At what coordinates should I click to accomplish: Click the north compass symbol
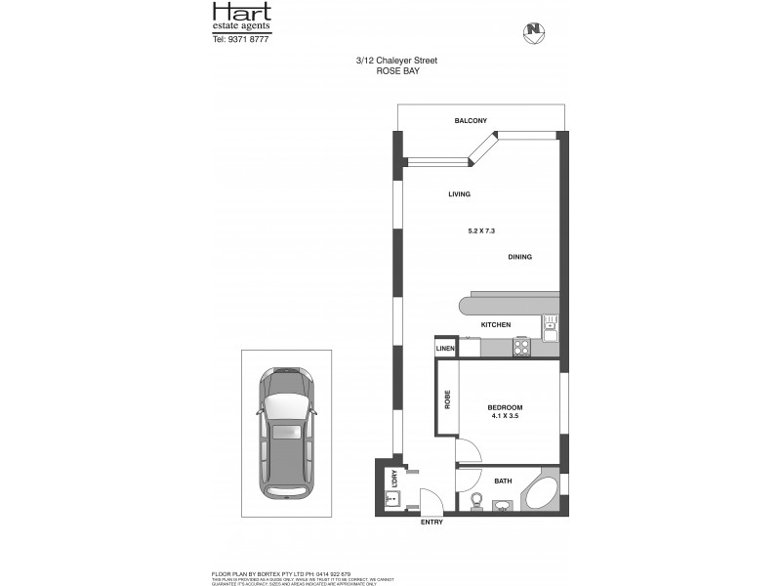(x=533, y=30)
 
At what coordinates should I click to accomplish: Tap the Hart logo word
(x=242, y=13)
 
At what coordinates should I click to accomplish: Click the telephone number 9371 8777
(x=248, y=40)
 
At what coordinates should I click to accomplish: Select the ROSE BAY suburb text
(x=396, y=71)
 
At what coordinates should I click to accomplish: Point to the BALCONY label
(x=471, y=121)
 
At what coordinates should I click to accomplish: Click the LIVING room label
(x=459, y=194)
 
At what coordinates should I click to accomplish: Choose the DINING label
(x=519, y=257)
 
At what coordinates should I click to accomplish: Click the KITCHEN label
(x=496, y=324)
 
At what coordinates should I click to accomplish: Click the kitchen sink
(x=551, y=328)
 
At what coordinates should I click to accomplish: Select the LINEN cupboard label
(x=445, y=348)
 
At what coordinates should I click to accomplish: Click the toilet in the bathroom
(x=476, y=500)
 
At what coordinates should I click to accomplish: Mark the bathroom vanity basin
(x=503, y=504)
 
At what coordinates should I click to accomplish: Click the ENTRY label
(x=431, y=522)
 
